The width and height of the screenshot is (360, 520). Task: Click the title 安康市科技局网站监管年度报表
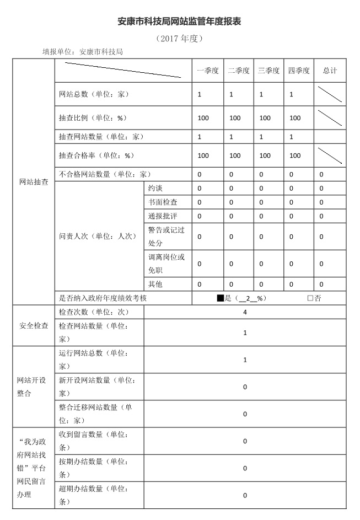click(x=180, y=22)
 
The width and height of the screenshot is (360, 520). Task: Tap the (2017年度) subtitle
click(x=180, y=39)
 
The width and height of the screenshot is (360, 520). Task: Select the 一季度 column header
click(x=208, y=71)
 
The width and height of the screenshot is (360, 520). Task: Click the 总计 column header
click(x=330, y=71)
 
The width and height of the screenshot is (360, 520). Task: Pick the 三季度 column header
click(x=268, y=71)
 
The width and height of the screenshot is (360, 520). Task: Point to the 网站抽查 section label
click(x=34, y=181)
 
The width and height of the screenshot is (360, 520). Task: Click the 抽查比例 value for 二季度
click(x=235, y=118)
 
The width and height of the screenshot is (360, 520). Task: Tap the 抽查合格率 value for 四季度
click(x=295, y=156)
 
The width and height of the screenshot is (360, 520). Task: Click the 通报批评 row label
click(x=163, y=216)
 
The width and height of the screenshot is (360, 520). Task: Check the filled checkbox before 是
click(x=220, y=298)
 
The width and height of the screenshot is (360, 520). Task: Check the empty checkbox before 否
click(x=310, y=298)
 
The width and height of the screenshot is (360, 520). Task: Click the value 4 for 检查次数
click(x=245, y=312)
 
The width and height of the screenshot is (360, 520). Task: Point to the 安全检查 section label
click(x=34, y=325)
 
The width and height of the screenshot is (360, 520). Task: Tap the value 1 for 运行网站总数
click(x=245, y=360)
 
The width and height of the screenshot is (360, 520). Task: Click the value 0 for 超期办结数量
click(x=245, y=495)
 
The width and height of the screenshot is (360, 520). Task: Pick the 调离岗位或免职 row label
click(x=166, y=264)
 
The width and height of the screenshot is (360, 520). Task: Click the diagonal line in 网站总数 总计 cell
click(x=330, y=94)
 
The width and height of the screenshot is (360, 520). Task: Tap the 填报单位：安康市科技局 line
click(x=83, y=52)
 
